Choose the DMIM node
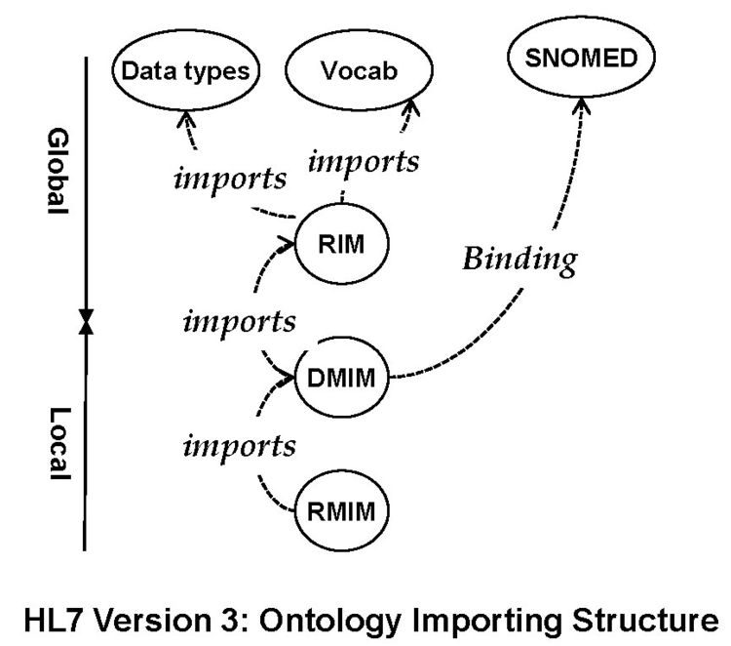coord(341,376)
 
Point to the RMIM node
coord(341,508)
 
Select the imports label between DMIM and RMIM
coord(239,446)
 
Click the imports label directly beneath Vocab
coord(364,162)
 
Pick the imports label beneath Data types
coord(231,180)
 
